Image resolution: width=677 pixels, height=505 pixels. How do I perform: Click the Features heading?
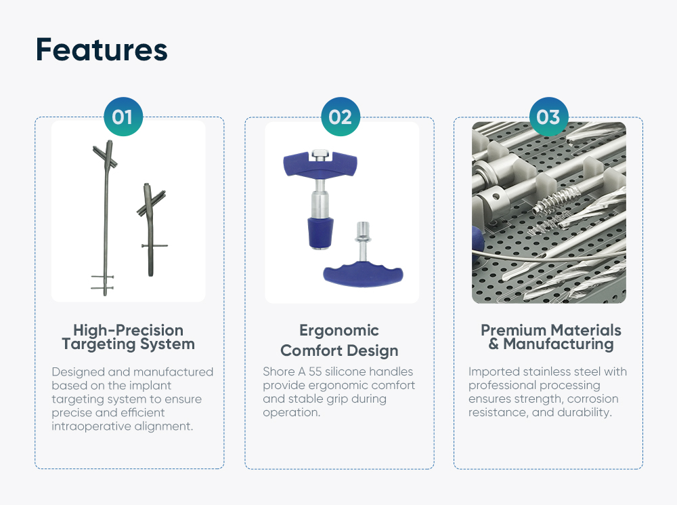click(102, 49)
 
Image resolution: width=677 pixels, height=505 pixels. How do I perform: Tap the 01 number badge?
click(123, 117)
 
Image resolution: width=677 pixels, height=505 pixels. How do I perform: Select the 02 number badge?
click(341, 117)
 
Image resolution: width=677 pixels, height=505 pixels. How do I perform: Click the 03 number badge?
click(549, 117)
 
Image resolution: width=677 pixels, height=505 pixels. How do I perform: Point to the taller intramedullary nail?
click(106, 216)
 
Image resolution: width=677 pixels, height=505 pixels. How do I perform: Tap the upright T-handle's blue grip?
click(320, 164)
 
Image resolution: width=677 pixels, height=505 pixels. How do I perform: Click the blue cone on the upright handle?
click(320, 233)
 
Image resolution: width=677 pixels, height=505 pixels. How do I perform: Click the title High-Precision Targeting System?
click(128, 338)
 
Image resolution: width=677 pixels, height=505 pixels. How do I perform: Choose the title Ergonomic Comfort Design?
click(339, 340)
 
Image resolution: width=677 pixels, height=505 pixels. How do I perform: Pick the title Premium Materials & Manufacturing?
click(551, 338)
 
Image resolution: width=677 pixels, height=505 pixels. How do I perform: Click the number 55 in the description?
click(315, 372)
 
